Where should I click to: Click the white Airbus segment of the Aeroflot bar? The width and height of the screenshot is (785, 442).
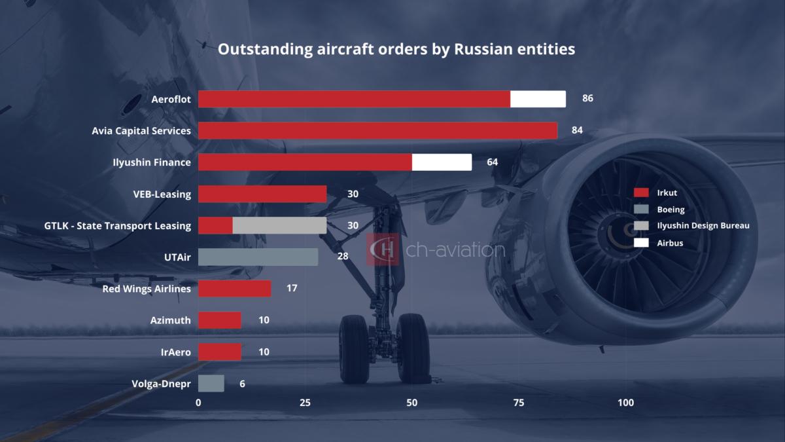[x=538, y=99]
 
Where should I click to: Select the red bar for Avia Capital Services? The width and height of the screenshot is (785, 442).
[x=377, y=130]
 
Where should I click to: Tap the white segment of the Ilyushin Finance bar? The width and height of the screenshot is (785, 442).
[x=442, y=162]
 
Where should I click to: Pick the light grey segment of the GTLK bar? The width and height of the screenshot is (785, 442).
[x=279, y=225]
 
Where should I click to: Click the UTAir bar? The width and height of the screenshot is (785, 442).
[x=258, y=257]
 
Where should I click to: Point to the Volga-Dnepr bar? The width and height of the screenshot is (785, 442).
[x=211, y=384]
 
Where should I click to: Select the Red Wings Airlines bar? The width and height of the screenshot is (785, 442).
[x=234, y=288]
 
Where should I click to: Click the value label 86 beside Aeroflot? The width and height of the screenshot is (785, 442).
[x=587, y=99]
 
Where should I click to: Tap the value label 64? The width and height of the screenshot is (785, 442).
[x=492, y=162]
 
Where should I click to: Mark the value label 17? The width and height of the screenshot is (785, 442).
[x=292, y=288]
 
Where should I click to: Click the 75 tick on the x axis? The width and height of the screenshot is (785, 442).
[x=519, y=403]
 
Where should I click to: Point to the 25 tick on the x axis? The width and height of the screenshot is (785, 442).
[x=305, y=403]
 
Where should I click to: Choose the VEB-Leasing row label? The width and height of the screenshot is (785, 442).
[x=162, y=194]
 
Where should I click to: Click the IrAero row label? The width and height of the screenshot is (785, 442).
[x=175, y=352]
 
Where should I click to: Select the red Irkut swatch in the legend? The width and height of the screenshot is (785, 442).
[x=641, y=193]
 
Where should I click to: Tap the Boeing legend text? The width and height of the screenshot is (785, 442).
[x=671, y=210]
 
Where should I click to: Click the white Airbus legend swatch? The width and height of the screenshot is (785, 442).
[x=641, y=242]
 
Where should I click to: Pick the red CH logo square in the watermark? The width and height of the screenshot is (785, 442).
[x=383, y=249]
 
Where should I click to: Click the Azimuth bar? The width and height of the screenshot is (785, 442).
[x=219, y=320]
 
